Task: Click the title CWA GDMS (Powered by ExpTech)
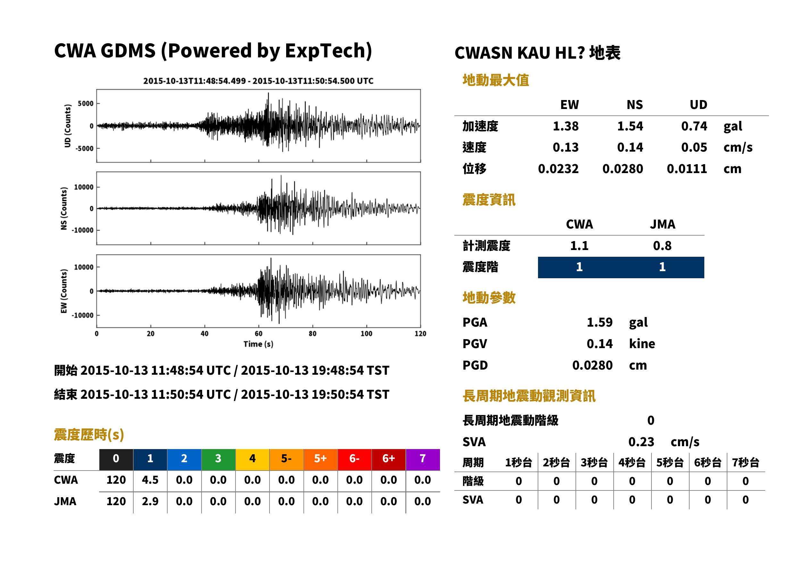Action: coord(213,51)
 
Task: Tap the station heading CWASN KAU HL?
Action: coord(519,53)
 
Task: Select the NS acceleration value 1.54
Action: coord(630,126)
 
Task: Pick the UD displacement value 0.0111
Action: coord(687,169)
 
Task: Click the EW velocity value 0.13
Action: coord(566,147)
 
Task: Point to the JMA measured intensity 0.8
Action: coord(662,246)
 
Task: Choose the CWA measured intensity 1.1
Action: coord(579,246)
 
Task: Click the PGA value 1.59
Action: coord(600,322)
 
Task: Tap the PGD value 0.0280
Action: coord(592,365)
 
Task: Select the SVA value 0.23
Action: coord(641,442)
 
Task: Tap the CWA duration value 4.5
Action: coord(150,480)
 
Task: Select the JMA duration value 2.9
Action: coord(150,502)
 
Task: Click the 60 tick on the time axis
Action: coord(258,334)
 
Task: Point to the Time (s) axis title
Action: coord(258,344)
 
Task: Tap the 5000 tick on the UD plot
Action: coord(86,104)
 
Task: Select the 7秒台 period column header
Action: coord(745,463)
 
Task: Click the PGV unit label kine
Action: coord(642,344)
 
